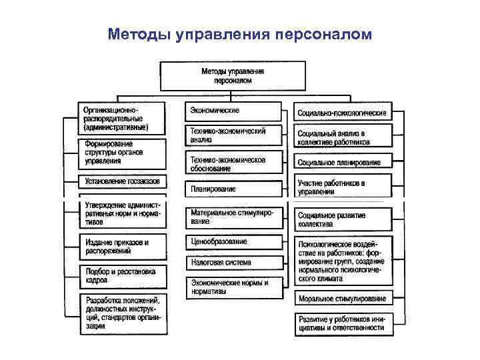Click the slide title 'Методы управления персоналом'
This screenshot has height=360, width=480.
240,33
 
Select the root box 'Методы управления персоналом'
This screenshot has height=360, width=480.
233,75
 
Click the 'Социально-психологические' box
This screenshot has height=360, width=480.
343,113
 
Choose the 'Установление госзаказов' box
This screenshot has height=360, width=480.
123,181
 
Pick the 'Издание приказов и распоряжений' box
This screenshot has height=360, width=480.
123,246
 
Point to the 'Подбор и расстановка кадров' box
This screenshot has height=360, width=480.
123,276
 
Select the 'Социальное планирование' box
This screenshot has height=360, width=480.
343,163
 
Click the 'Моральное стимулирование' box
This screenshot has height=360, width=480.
343,299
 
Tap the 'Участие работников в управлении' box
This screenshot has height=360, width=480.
343,187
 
